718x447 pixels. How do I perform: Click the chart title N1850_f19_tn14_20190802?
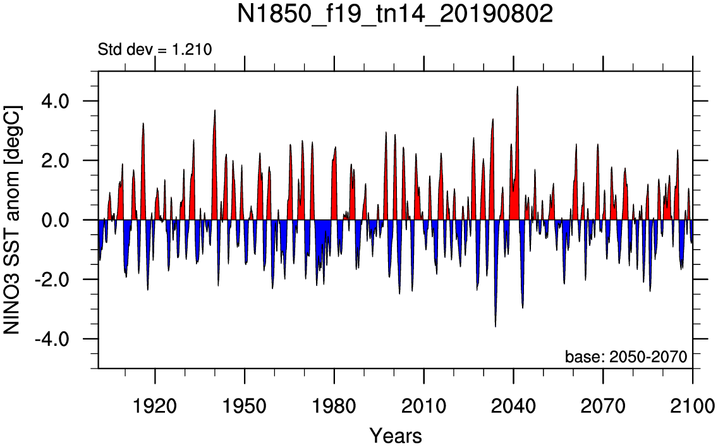[395, 14]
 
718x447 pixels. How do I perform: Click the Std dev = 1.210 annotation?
[155, 49]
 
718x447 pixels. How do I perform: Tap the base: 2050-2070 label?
[626, 357]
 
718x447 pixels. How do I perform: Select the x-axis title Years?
[396, 435]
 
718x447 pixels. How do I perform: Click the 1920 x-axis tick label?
[155, 406]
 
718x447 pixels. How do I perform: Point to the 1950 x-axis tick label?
[245, 406]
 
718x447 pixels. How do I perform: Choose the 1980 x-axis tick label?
[334, 406]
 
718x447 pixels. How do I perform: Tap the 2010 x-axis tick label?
[424, 406]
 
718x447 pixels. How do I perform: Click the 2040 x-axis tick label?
[514, 406]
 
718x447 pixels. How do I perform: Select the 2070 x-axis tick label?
[603, 406]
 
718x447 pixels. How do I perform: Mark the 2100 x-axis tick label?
[693, 406]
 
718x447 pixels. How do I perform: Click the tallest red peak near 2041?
[518, 87]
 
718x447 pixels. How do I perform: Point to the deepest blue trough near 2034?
[496, 326]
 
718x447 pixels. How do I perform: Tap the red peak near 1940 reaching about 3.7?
[215, 111]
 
